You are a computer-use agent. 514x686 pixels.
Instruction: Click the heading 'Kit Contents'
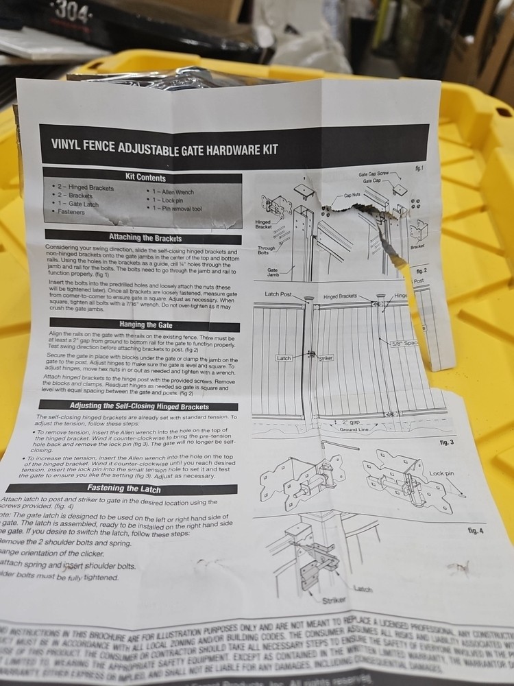(145, 177)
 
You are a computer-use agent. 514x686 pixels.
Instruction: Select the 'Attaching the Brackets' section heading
(145, 237)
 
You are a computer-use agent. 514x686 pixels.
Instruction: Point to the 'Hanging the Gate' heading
(145, 324)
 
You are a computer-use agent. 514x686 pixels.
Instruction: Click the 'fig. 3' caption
(446, 442)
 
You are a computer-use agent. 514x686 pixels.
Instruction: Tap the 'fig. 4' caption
(474, 531)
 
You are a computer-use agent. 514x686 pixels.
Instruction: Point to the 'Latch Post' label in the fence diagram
(278, 294)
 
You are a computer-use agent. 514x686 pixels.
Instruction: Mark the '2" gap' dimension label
(350, 422)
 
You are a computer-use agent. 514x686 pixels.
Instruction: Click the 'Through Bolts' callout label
(267, 251)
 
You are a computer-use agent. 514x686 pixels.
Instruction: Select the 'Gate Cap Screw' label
(374, 175)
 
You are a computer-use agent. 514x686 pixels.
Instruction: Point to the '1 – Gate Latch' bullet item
(77, 204)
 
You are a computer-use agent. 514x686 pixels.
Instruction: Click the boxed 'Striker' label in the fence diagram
(326, 358)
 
